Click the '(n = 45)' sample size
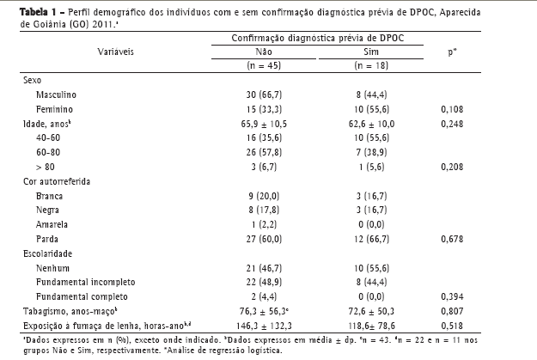263,65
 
